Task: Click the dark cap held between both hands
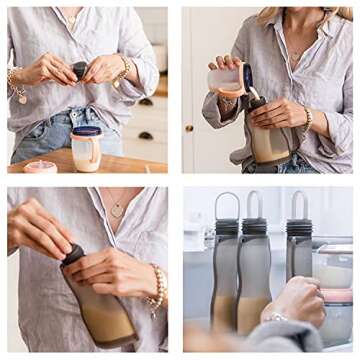click(x=80, y=69)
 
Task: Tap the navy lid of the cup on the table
click(x=86, y=130)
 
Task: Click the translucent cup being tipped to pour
click(x=228, y=79)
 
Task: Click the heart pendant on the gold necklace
click(x=117, y=211)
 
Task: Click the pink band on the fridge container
click(x=336, y=295)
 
